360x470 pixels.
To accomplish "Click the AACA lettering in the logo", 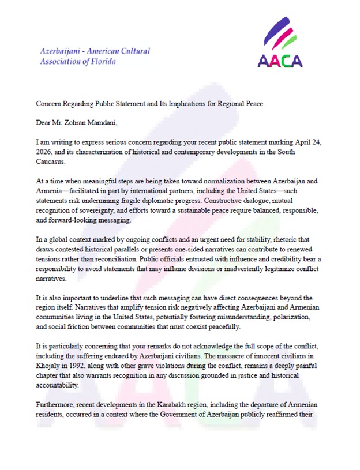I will click(280, 60).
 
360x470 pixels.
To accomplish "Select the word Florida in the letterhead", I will click(103, 62).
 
